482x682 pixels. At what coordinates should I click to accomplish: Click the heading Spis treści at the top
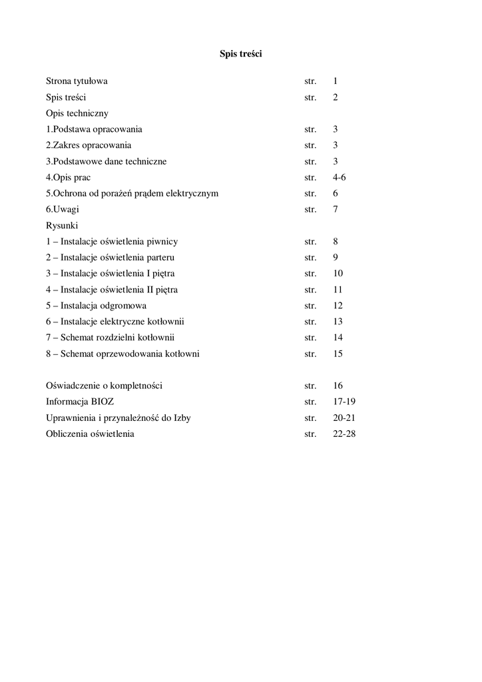[241, 54]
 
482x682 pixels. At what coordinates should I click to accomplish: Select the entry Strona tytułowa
[77, 81]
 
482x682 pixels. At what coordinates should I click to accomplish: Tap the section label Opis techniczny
[77, 113]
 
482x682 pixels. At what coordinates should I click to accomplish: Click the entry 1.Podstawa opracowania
[94, 129]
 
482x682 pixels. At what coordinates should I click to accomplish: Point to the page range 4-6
[340, 177]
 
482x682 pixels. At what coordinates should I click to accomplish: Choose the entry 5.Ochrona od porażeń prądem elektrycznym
[132, 193]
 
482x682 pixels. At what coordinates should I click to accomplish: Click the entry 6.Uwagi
[62, 209]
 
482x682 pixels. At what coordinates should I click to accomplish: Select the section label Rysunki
[62, 225]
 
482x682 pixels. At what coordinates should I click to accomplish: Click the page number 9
[336, 257]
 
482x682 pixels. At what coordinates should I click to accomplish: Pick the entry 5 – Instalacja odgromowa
[96, 306]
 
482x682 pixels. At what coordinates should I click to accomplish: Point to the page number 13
[338, 322]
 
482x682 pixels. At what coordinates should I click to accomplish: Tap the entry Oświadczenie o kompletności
[104, 386]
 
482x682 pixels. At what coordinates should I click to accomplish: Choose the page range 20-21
[344, 418]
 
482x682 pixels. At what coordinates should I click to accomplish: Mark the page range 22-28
[344, 434]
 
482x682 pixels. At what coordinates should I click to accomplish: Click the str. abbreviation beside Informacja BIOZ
[310, 402]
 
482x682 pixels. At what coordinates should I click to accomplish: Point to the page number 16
[338, 386]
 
